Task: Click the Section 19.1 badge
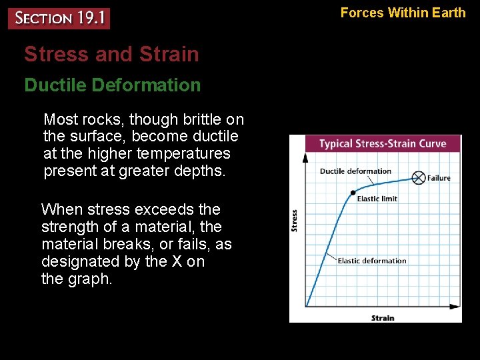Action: pos(59,18)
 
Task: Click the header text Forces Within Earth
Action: pos(403,12)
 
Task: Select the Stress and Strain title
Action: pos(111,54)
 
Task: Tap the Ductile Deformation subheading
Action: pos(112,85)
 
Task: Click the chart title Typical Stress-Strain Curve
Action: pos(382,144)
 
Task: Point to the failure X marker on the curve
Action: pos(418,177)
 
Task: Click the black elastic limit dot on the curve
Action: pos(353,193)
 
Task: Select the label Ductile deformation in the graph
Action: pos(355,171)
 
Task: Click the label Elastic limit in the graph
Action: pos(377,199)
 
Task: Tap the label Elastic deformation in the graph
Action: pos(372,261)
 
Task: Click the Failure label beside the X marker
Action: pos(439,178)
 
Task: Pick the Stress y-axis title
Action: pos(295,221)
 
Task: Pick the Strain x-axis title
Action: pos(383,318)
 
